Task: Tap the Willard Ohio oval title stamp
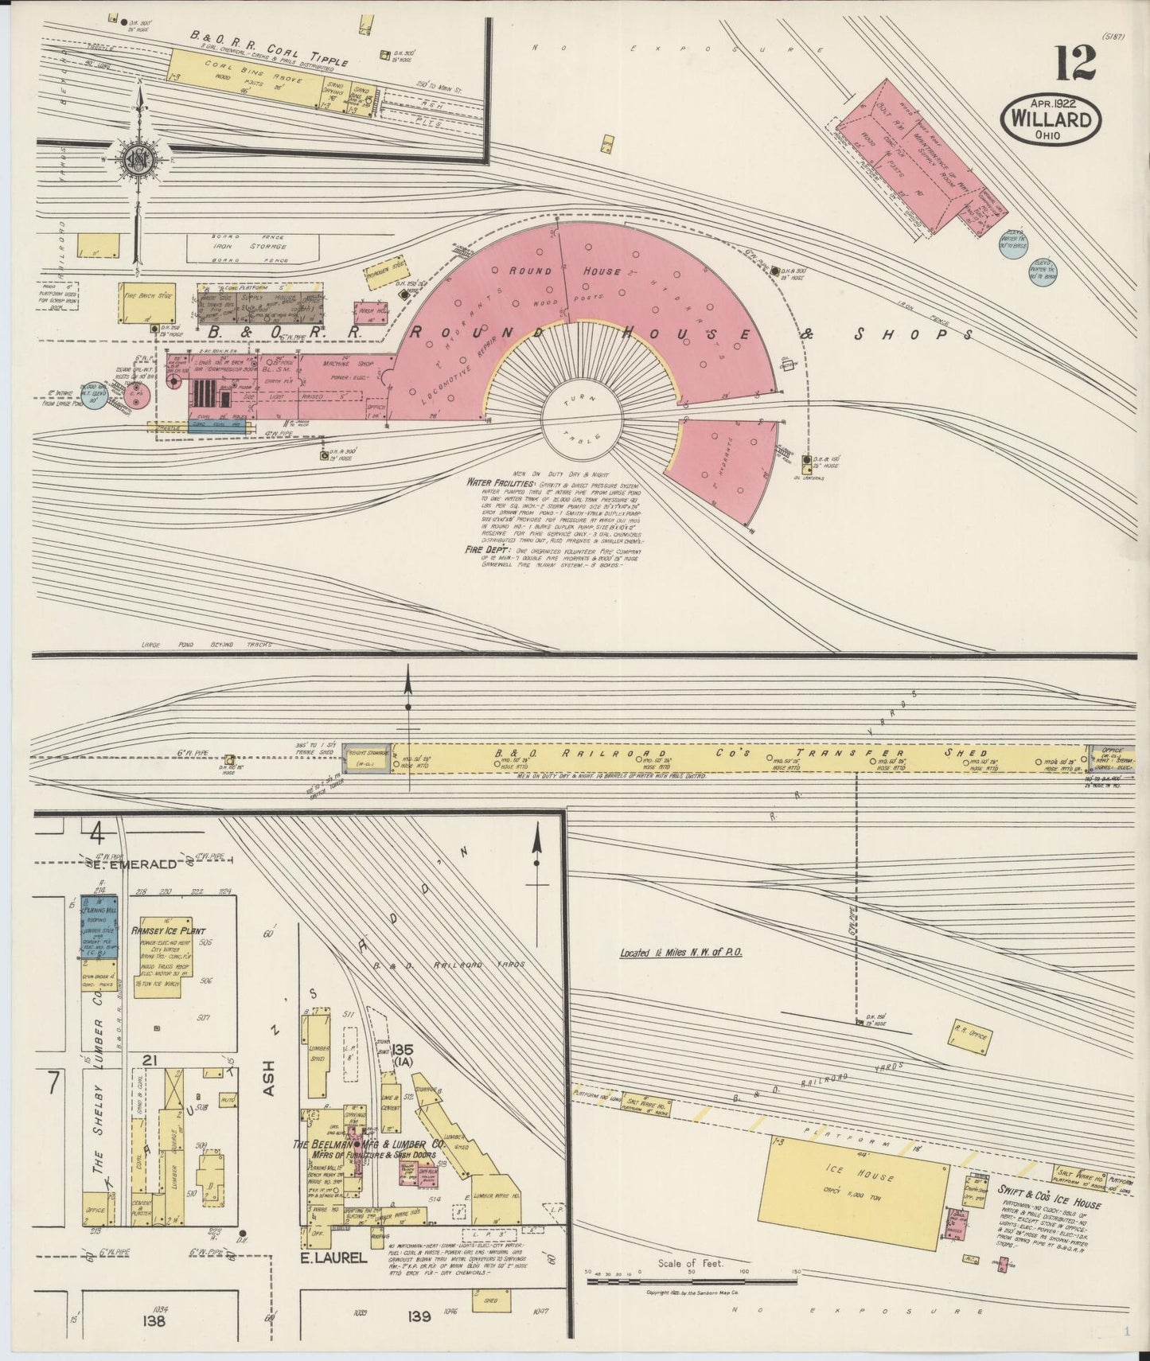(x=1051, y=119)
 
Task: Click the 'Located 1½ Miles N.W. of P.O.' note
(x=681, y=952)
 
